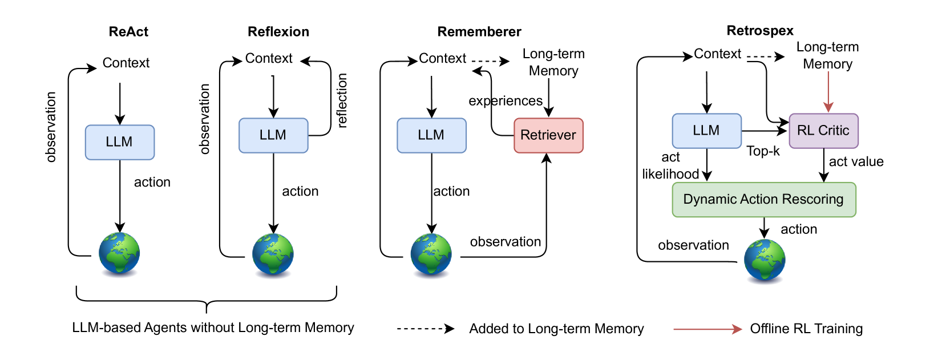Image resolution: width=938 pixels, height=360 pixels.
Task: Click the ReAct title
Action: tap(128, 32)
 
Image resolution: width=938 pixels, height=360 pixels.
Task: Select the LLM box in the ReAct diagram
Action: tap(120, 142)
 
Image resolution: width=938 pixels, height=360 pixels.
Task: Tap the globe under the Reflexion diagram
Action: tap(273, 254)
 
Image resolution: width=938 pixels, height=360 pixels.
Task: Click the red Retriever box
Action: tap(548, 135)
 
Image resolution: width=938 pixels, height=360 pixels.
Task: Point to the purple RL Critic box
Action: tap(823, 131)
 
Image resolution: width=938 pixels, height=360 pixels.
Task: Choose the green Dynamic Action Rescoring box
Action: tap(763, 200)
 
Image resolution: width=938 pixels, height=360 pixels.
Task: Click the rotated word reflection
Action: tap(342, 100)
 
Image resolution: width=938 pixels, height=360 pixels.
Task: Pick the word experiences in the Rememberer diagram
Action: tap(506, 101)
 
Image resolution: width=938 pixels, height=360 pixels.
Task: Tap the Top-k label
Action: tap(763, 151)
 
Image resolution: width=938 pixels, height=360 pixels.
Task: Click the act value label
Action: tap(856, 161)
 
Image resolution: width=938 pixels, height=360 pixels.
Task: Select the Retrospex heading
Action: tap(760, 31)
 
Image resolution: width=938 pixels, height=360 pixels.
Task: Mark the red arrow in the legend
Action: tap(707, 329)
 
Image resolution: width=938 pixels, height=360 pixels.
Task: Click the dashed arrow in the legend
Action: tap(426, 329)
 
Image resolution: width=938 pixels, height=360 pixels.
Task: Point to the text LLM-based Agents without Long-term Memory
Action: tap(213, 327)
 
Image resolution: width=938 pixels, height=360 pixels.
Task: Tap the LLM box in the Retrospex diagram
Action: tap(706, 131)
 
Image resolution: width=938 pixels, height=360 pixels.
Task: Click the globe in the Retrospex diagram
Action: tap(765, 260)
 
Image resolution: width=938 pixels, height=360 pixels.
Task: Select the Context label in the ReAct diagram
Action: tap(126, 63)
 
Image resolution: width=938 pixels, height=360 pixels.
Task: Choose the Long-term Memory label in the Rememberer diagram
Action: tap(553, 62)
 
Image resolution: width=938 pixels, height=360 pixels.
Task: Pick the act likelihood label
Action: tap(670, 165)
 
